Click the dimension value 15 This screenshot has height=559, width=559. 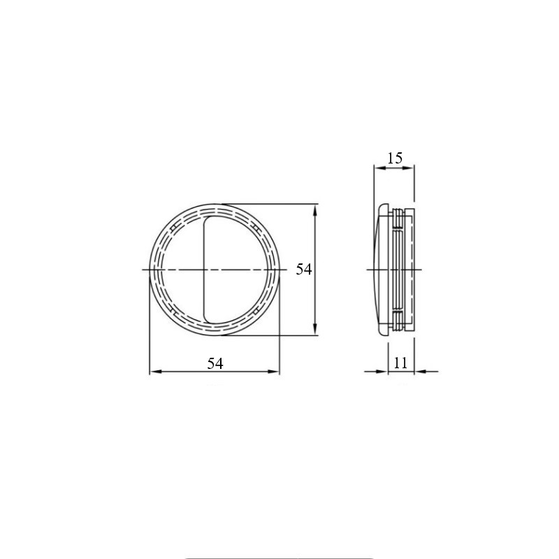(395, 158)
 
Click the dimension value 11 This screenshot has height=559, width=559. (400, 363)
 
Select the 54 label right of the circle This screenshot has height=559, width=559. (304, 269)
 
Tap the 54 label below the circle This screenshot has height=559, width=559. (215, 363)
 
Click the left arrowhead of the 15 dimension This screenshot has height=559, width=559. (380, 168)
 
